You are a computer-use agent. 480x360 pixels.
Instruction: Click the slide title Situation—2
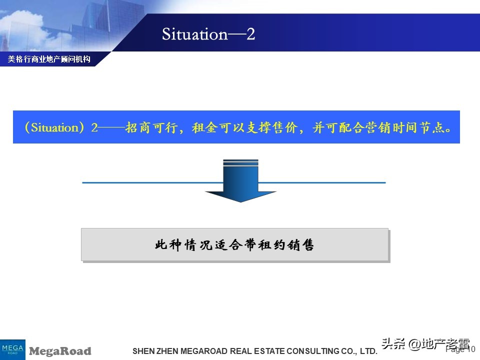[208, 34]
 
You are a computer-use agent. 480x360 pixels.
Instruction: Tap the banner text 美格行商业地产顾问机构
[49, 59]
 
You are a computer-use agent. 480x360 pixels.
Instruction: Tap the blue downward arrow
[240, 181]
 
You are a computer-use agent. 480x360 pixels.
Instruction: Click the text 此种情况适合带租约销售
[234, 245]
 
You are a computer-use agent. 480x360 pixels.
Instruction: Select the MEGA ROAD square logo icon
[12, 349]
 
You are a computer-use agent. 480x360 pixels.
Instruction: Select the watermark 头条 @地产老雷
[425, 344]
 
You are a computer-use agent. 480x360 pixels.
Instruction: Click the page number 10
[470, 349]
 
